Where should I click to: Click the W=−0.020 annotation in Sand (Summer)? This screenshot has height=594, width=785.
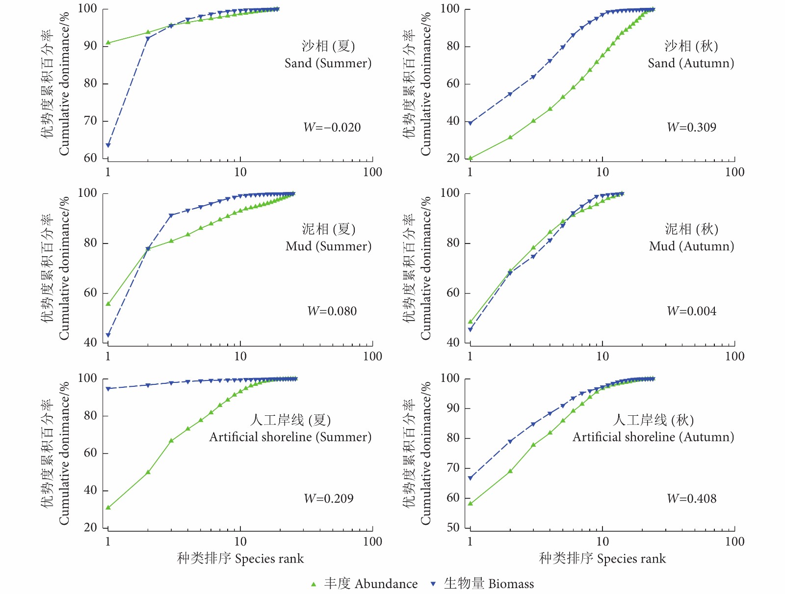point(332,128)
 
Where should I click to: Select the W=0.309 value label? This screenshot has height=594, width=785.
point(691,128)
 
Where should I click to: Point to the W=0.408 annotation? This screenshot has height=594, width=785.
point(691,499)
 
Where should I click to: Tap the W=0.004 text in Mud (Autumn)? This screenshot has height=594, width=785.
point(691,311)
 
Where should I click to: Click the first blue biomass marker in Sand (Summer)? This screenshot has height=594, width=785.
point(108,145)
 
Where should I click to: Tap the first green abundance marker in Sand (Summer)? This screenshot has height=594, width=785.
point(108,43)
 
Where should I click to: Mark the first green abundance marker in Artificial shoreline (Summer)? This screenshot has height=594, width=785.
point(108,508)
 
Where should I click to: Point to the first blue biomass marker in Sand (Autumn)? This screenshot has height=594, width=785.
point(470,123)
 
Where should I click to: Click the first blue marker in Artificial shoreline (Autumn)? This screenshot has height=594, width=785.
point(470,478)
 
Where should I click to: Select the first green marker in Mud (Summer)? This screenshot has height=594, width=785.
point(108,304)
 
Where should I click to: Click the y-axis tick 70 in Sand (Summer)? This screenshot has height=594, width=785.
point(90,121)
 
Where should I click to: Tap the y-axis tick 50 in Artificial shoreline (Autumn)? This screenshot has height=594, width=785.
point(453,528)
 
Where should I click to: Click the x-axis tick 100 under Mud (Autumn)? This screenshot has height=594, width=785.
point(734,356)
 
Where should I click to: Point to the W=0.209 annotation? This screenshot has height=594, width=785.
point(329,499)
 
